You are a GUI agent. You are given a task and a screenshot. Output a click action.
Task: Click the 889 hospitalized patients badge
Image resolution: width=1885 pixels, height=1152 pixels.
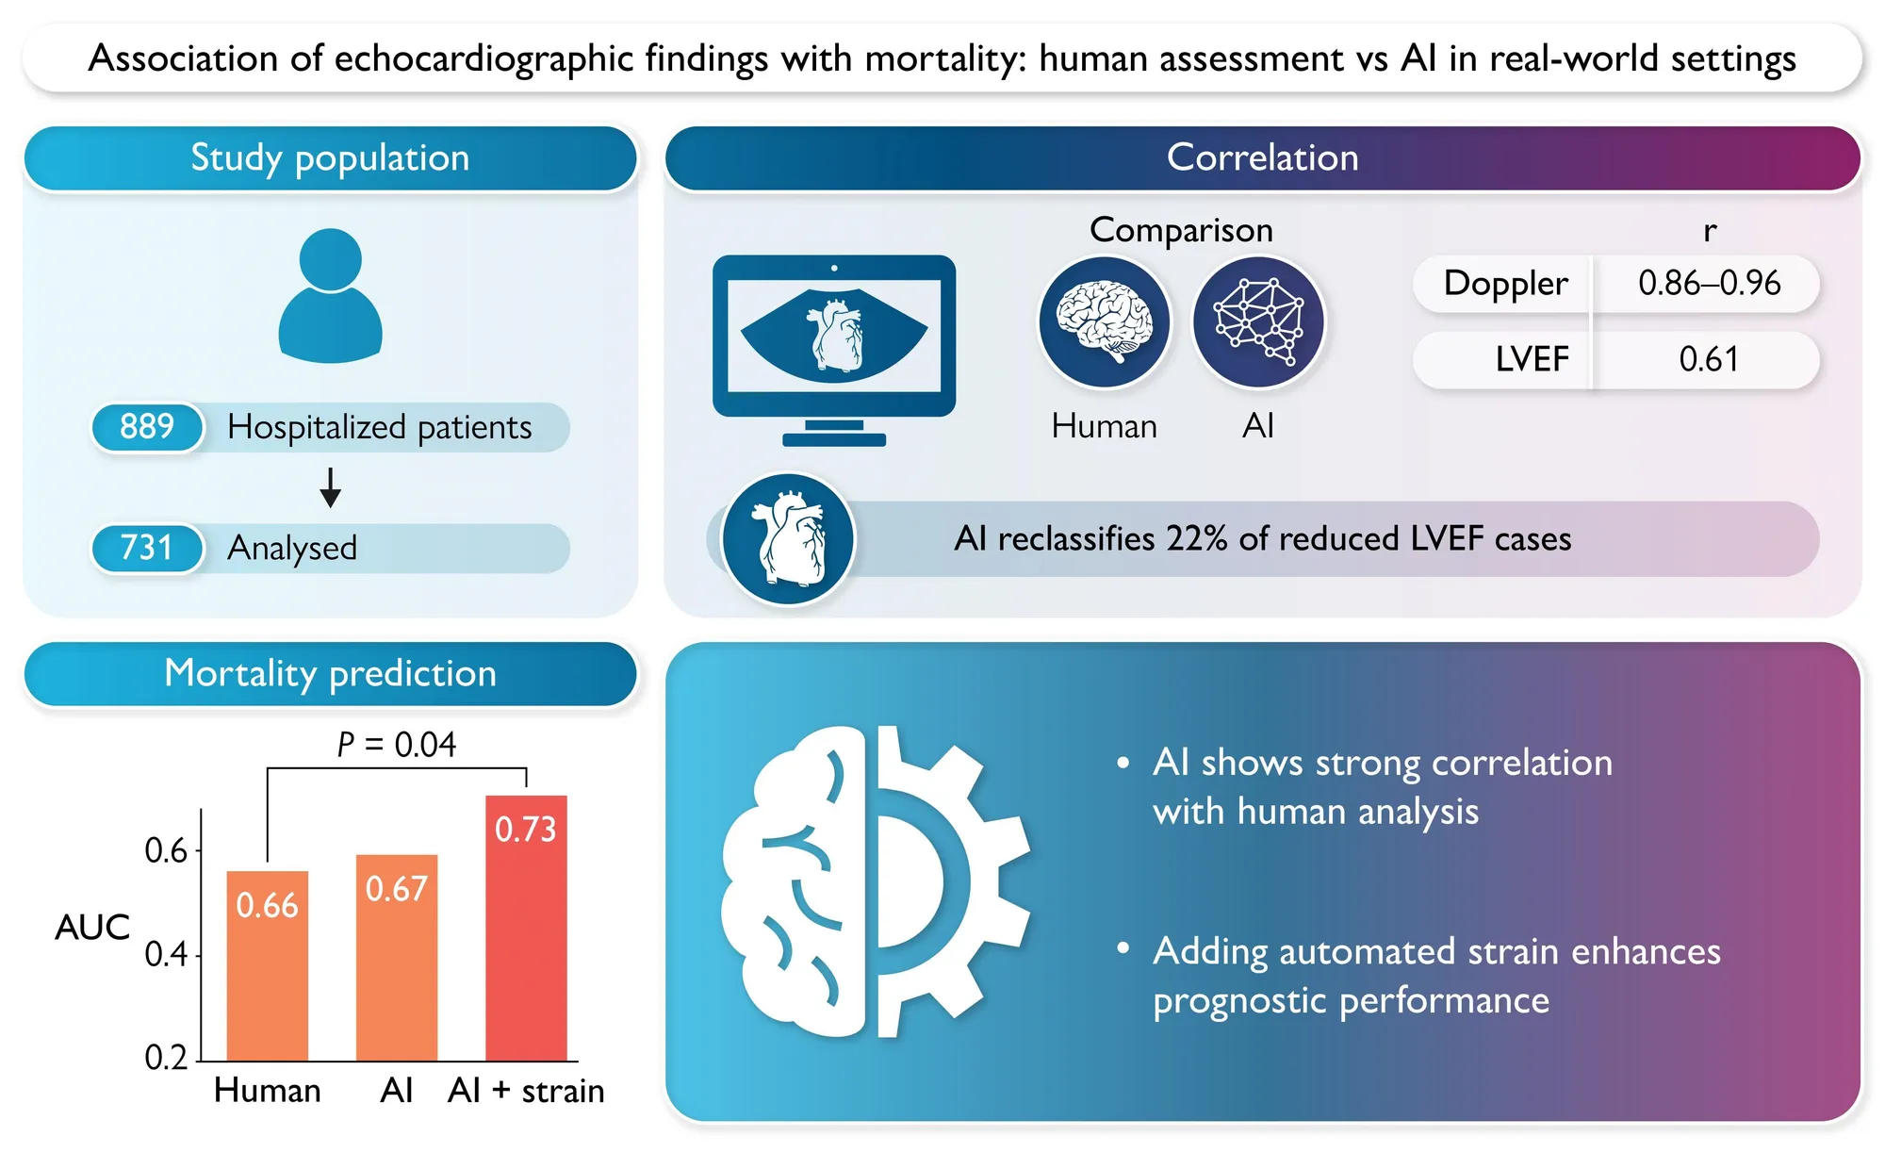[x=147, y=427]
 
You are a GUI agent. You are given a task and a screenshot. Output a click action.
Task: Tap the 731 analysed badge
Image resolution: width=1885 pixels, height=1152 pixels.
[x=147, y=548]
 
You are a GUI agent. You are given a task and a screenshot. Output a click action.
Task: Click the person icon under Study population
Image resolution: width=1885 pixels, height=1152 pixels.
[x=330, y=295]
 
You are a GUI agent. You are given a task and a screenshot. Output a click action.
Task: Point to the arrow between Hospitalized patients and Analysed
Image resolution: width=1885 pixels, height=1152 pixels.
[x=330, y=487]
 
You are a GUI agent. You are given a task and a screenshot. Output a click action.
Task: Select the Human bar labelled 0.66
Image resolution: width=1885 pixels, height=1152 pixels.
[x=268, y=965]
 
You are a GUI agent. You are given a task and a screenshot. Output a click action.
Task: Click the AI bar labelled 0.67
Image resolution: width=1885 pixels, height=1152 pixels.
[x=397, y=957]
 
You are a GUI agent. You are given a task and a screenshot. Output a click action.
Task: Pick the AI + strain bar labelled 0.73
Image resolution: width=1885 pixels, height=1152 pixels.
[x=526, y=928]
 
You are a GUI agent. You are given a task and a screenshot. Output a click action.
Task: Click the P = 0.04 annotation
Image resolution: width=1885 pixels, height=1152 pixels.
[x=397, y=745]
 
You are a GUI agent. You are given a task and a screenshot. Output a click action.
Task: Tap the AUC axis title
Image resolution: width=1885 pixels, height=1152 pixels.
[x=92, y=928]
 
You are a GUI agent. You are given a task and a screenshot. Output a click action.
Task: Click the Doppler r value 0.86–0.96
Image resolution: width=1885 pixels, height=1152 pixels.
[x=1710, y=283]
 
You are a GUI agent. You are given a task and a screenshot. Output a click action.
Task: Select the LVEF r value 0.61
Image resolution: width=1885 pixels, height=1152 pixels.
[x=1709, y=359]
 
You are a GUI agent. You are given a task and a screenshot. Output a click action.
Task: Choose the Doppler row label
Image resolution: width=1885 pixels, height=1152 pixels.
[x=1505, y=283]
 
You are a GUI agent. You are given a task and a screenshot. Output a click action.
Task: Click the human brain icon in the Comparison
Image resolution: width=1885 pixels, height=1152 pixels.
[x=1105, y=322]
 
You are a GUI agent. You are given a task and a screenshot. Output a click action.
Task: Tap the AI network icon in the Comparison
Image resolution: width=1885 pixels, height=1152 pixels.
[x=1259, y=322]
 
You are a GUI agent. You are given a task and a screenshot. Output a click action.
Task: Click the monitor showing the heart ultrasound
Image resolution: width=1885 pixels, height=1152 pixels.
[x=834, y=350]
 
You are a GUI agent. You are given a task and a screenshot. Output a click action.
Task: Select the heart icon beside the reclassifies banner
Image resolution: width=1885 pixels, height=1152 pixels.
[x=788, y=539]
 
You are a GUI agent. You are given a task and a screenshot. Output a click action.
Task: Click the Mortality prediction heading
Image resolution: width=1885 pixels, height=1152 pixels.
[x=330, y=673]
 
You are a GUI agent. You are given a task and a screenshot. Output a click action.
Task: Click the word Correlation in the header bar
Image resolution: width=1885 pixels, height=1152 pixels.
[x=1263, y=157]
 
